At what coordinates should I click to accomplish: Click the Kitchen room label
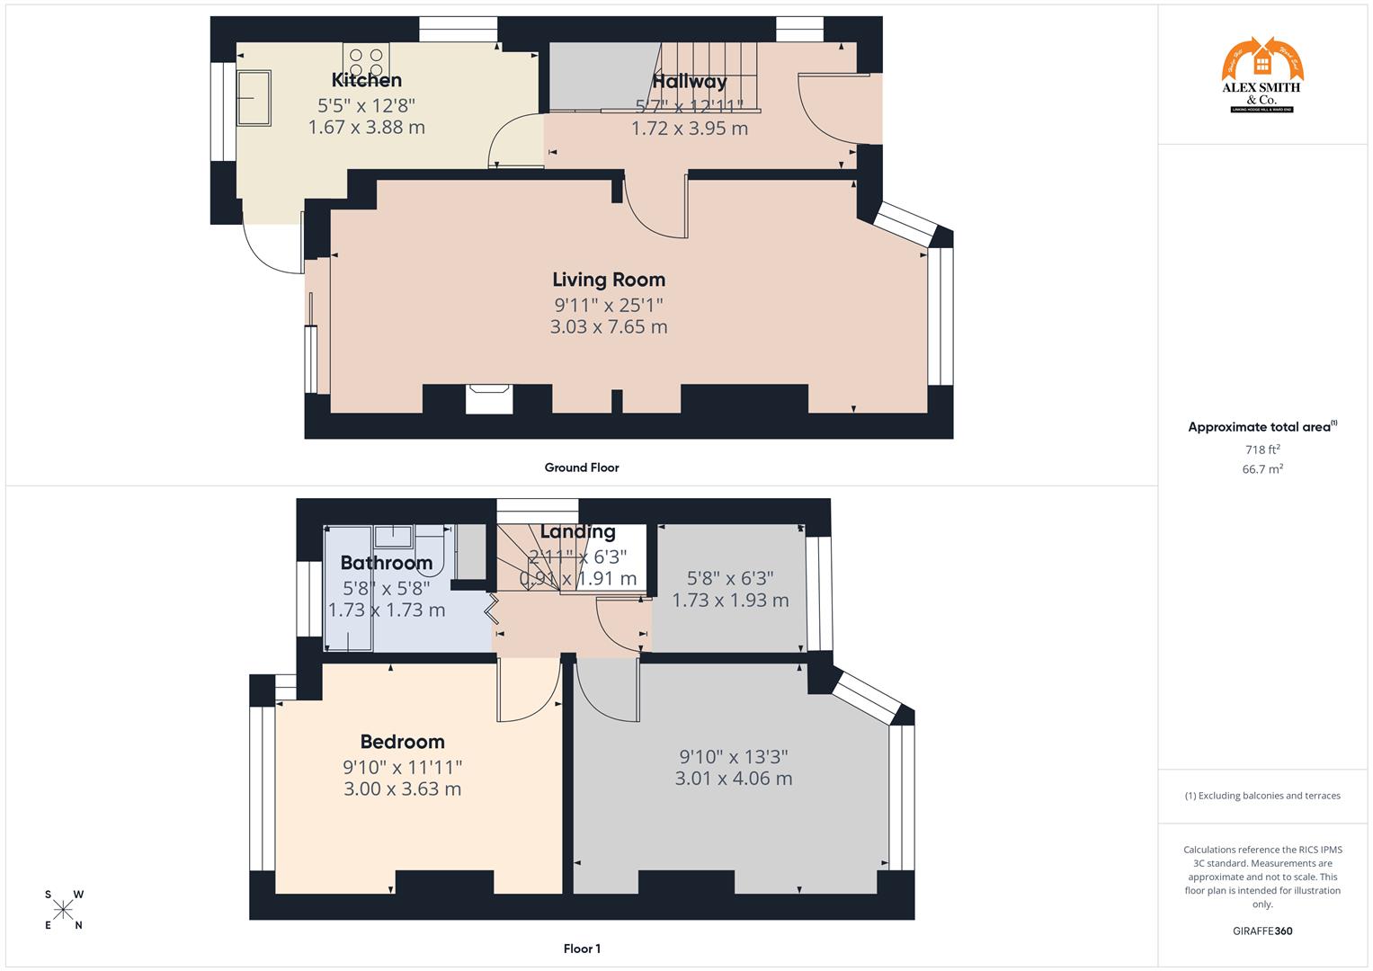(x=366, y=80)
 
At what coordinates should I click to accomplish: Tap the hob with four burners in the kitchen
(x=366, y=61)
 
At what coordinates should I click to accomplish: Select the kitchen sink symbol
(x=253, y=98)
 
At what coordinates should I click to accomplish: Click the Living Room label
(x=609, y=280)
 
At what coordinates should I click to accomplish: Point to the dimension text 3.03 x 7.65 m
(x=609, y=326)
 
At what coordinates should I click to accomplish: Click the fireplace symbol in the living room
(x=489, y=398)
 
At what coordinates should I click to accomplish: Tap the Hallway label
(x=689, y=82)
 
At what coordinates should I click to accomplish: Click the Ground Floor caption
(x=582, y=468)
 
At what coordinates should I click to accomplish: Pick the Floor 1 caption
(x=582, y=949)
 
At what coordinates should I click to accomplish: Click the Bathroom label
(x=386, y=563)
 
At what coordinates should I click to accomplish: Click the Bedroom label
(x=402, y=742)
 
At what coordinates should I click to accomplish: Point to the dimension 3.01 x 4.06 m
(x=734, y=779)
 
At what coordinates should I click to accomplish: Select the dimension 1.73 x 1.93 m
(x=730, y=600)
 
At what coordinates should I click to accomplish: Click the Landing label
(x=577, y=531)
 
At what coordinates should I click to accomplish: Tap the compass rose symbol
(x=63, y=910)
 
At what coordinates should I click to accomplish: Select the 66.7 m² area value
(x=1262, y=469)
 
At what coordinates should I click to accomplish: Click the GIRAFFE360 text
(x=1262, y=931)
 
